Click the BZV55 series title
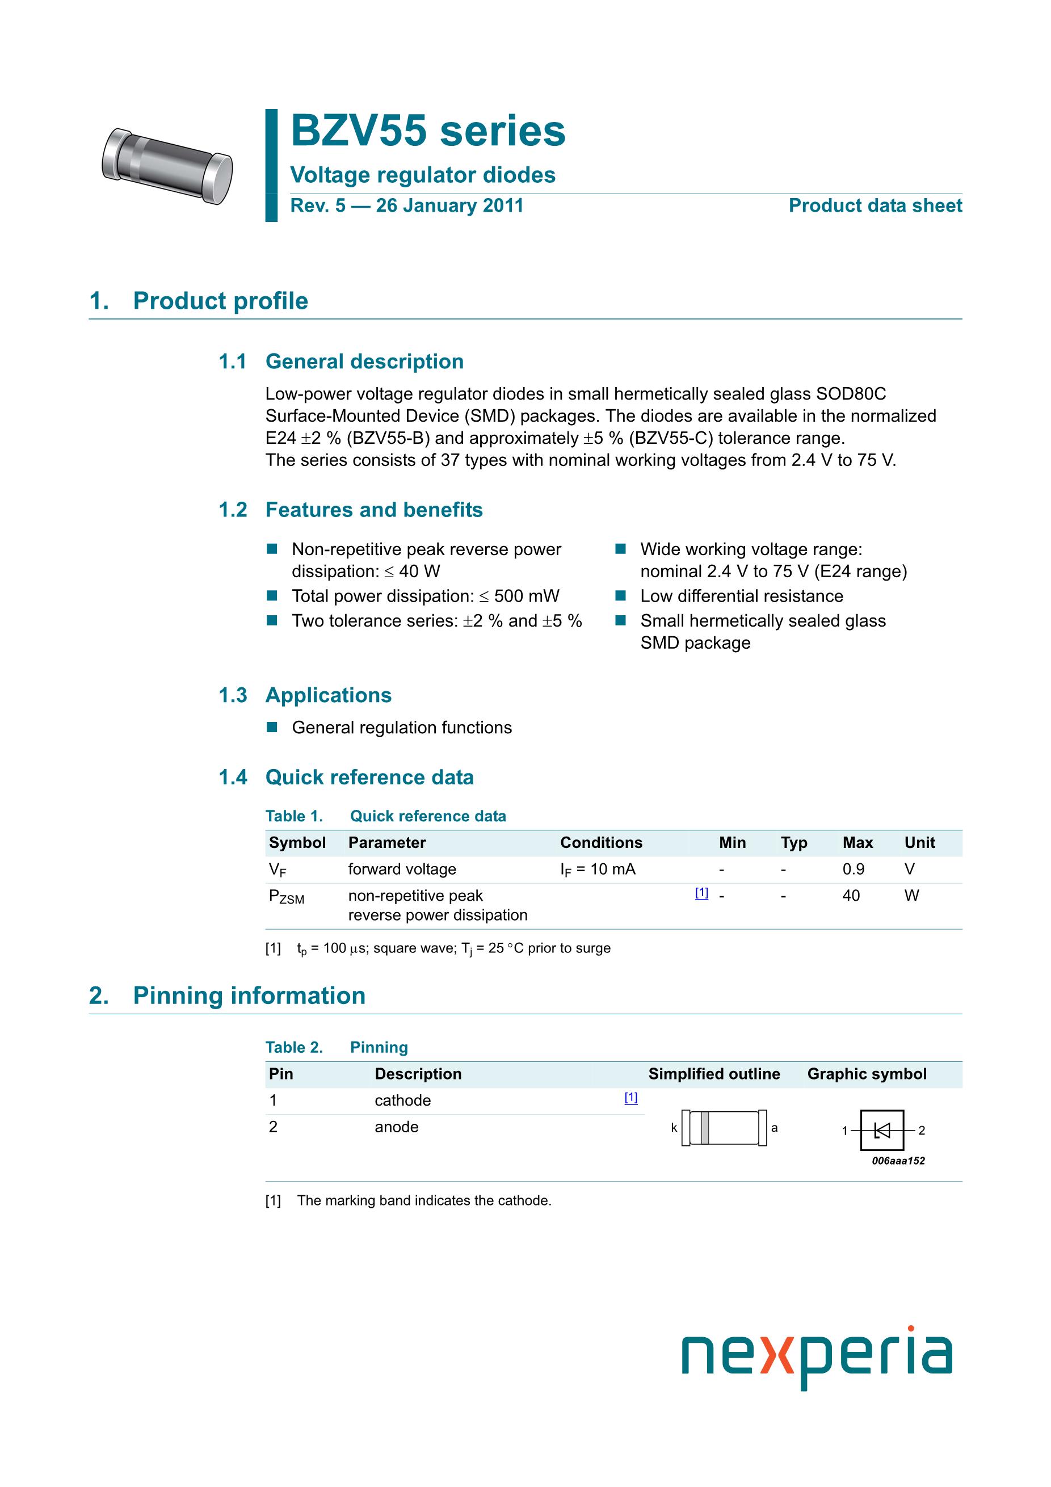[x=427, y=132]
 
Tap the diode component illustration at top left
[x=167, y=166]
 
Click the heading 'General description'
[x=364, y=362]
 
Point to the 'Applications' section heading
[x=329, y=695]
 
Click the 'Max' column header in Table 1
[x=857, y=843]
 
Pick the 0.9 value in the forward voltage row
[x=853, y=869]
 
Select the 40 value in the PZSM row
[x=851, y=896]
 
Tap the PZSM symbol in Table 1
[x=286, y=897]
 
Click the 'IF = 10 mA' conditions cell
[x=598, y=869]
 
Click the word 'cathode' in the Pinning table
[x=402, y=1100]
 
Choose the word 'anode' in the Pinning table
[x=396, y=1127]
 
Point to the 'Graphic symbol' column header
[x=867, y=1074]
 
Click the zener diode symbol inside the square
[x=882, y=1130]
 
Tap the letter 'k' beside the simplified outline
[x=674, y=1128]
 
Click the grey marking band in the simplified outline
[x=705, y=1128]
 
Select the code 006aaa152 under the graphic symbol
[x=898, y=1161]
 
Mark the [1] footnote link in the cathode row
[x=630, y=1098]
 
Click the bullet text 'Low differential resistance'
[x=742, y=596]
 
